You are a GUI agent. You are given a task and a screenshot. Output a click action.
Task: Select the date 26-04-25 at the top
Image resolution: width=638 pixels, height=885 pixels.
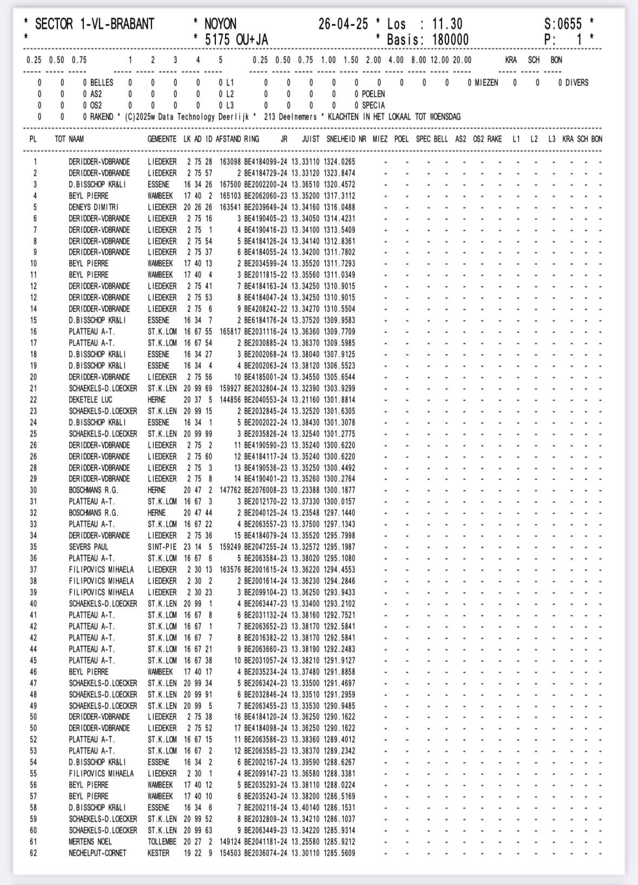[x=343, y=24]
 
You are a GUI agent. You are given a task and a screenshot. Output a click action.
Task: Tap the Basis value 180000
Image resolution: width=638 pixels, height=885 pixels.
[x=450, y=39]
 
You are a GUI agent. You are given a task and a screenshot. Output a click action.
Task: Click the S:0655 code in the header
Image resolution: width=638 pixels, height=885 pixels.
[x=563, y=24]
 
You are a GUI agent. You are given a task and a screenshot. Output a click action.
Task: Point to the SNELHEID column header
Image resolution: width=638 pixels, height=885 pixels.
[x=340, y=139]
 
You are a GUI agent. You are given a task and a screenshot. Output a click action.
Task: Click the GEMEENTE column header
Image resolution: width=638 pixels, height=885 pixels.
[x=162, y=139]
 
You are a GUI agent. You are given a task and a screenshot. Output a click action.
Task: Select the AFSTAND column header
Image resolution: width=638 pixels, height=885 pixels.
[x=228, y=139]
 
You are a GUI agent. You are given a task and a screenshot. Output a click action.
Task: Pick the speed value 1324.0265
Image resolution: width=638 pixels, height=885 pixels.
[x=339, y=162]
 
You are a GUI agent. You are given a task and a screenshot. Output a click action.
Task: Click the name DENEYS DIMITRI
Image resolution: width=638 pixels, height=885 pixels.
[x=94, y=207]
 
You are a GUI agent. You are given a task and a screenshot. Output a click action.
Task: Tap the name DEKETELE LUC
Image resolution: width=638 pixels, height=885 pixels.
[x=90, y=400]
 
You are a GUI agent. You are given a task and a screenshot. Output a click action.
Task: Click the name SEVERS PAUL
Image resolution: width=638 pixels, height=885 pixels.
[x=88, y=547]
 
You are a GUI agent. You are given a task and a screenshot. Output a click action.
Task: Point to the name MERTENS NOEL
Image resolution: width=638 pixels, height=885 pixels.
[x=90, y=842]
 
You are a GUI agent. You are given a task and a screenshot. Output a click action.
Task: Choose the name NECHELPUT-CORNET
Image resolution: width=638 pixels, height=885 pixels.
[x=97, y=853]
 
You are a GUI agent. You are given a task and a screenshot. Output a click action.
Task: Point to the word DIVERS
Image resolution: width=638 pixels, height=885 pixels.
[x=576, y=83]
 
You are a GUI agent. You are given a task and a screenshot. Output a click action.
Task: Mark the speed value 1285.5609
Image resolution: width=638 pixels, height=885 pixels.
[x=339, y=853]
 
